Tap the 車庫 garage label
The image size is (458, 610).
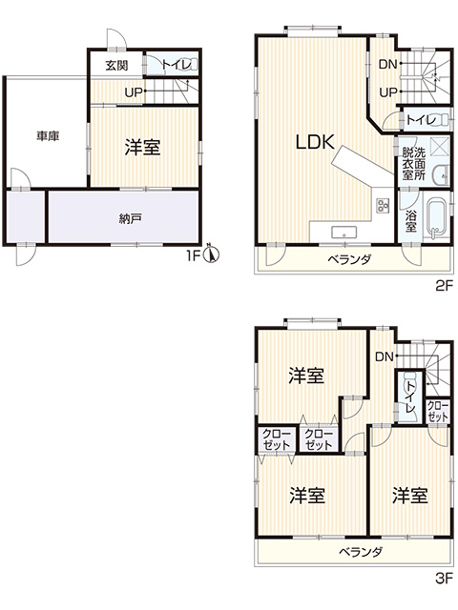[48, 136]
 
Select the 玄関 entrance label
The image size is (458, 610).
[116, 65]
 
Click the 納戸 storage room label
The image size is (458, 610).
[130, 219]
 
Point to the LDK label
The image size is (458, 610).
[315, 142]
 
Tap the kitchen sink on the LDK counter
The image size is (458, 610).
[343, 233]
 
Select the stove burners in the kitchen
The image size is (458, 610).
[383, 206]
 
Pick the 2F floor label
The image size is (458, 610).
[444, 287]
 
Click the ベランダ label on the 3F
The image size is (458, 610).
[361, 552]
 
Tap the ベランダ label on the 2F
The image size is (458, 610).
[350, 259]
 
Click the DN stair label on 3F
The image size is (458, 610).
[385, 356]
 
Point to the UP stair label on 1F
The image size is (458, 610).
[134, 92]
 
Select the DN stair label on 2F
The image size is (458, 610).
[388, 64]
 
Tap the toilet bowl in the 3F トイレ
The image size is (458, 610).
[410, 378]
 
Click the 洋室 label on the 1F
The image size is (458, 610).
[142, 148]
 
